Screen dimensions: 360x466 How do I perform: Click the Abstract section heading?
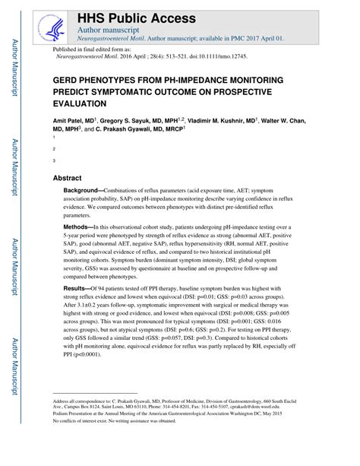click(68, 178)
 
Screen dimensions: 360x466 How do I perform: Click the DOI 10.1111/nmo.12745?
click(204, 56)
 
